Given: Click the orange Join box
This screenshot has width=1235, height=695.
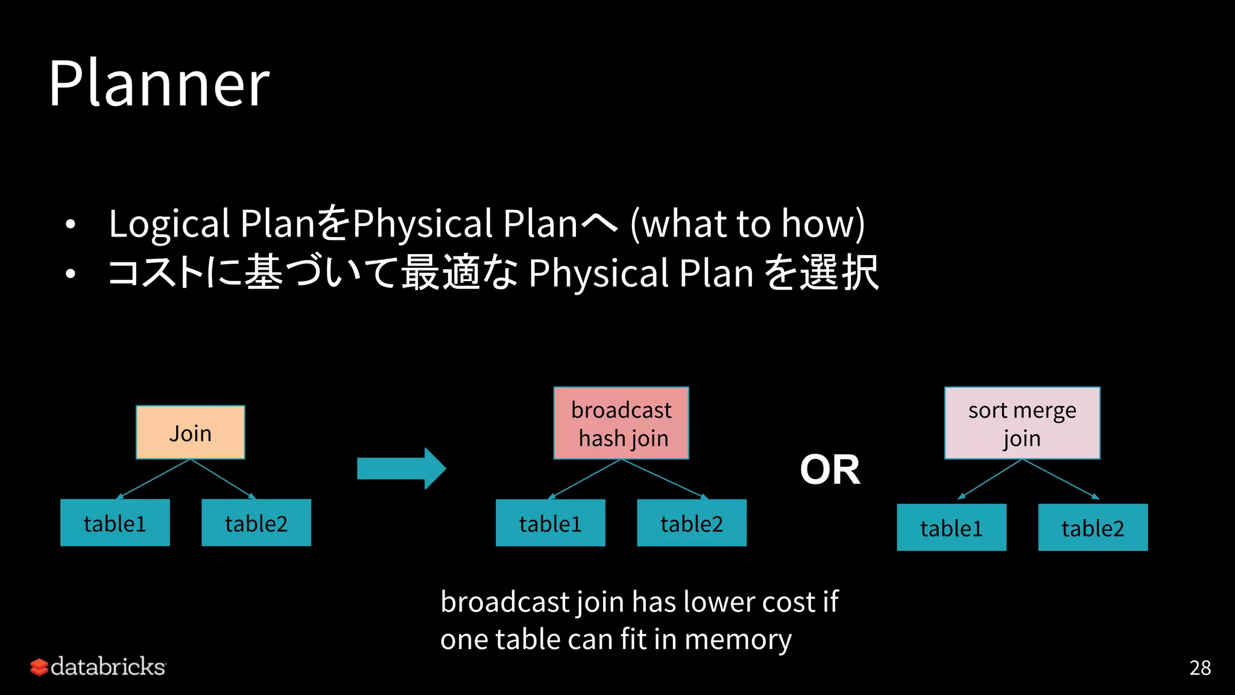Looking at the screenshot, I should coord(191,433).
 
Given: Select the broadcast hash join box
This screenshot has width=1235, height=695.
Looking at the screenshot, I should coord(621,423).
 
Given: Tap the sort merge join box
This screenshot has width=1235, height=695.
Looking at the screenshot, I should coord(1022,423).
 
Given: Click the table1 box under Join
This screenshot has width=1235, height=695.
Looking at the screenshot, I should coord(115,523).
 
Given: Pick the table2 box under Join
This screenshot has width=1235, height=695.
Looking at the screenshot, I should coord(256,523).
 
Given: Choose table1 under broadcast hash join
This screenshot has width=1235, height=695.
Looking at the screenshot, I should coord(551,523).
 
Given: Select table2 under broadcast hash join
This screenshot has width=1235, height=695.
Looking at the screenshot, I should coord(692,523).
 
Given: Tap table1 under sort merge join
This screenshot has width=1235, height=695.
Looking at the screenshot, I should coord(952,528).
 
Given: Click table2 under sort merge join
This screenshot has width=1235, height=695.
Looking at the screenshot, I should coord(1093,528).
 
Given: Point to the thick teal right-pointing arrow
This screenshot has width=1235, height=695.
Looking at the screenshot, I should coord(401,469).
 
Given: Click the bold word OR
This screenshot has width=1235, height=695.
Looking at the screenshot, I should coord(830,469).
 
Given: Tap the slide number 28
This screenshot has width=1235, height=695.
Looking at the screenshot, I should coord(1200,668).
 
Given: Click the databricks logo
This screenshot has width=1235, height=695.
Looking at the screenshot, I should coord(98,667).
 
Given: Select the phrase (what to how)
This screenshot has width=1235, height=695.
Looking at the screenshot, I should coord(748,223).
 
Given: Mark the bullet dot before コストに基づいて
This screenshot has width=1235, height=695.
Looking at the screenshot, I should coord(71,274).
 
